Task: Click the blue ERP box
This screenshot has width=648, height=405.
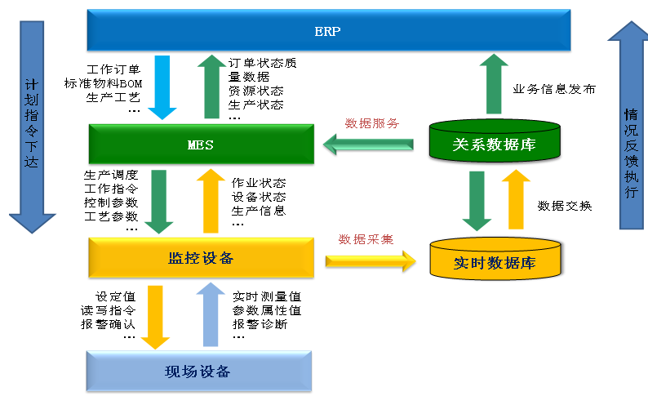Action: click(x=327, y=32)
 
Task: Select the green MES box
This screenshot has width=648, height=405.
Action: click(x=201, y=145)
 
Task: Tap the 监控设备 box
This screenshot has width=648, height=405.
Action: click(x=201, y=259)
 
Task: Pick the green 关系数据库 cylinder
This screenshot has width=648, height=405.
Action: click(x=494, y=144)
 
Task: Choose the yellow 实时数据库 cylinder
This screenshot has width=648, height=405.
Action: click(x=494, y=260)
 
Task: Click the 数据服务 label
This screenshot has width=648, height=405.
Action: click(x=371, y=124)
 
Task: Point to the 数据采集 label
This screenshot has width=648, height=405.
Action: click(x=366, y=239)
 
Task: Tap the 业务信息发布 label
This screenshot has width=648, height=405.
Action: click(x=553, y=89)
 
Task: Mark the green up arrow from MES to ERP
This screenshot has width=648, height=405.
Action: click(x=211, y=85)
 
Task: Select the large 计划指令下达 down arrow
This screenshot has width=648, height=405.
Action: click(x=31, y=122)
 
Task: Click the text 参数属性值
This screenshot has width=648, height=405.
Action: click(x=267, y=310)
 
